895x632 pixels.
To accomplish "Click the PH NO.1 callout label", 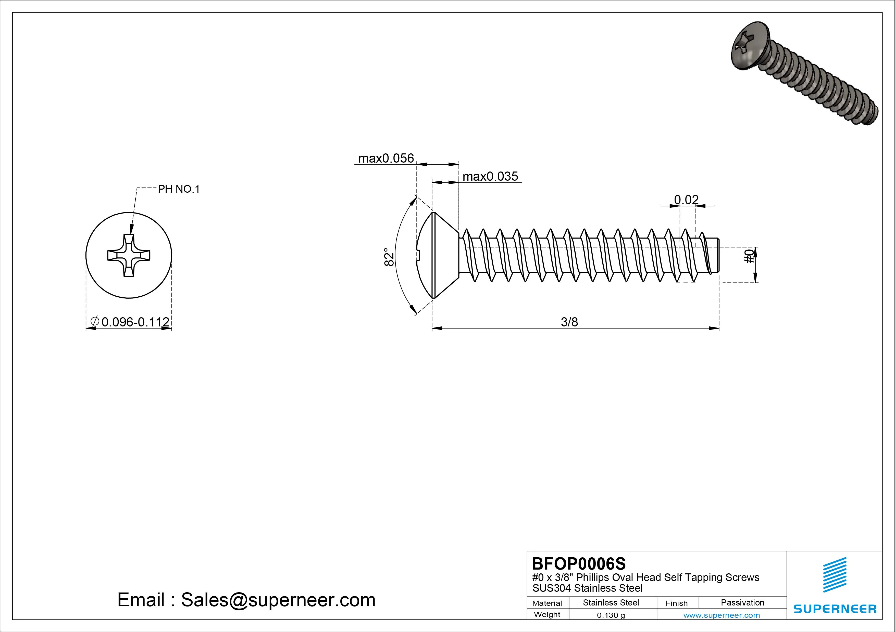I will click(179, 189).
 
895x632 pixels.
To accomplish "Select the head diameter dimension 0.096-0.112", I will click(135, 322).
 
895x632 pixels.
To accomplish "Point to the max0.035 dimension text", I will click(490, 176).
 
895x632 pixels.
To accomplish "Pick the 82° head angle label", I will click(389, 257).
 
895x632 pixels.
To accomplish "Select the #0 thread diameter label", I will click(749, 257).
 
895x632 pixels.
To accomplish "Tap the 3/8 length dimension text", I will click(569, 322).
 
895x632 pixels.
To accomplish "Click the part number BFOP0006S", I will click(578, 563).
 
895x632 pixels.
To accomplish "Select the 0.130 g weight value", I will click(611, 615).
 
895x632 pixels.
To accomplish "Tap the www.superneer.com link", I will click(722, 615).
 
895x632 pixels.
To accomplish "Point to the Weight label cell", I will click(547, 614).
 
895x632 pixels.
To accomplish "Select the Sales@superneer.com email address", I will click(278, 600).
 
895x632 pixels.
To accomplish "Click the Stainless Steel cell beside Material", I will click(611, 602).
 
